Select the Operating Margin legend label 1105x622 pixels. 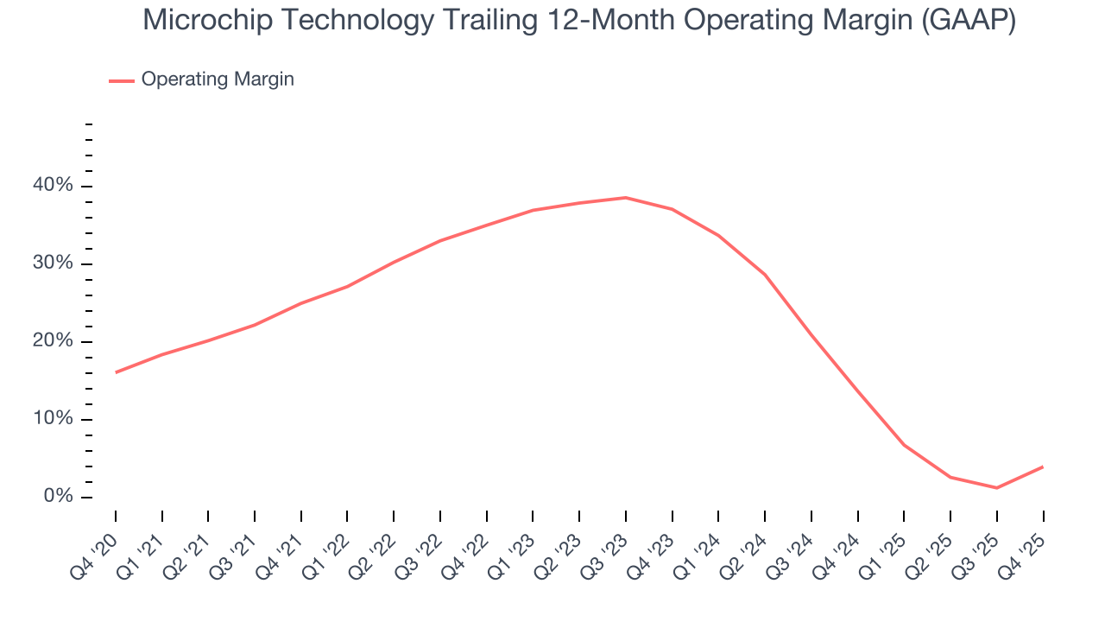(218, 79)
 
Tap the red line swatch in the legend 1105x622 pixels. (122, 80)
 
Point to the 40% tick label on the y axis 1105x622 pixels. (53, 186)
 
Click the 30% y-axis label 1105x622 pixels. (53, 263)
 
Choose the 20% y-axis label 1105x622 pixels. (53, 341)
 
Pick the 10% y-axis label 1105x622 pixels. (53, 419)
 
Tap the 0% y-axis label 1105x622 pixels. (58, 497)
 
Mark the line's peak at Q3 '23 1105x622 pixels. (626, 198)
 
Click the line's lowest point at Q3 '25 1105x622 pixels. (997, 488)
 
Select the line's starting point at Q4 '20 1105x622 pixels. (116, 372)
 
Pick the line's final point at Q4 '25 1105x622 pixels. (1043, 466)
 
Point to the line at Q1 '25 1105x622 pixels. (904, 445)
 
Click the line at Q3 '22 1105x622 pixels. (440, 241)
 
